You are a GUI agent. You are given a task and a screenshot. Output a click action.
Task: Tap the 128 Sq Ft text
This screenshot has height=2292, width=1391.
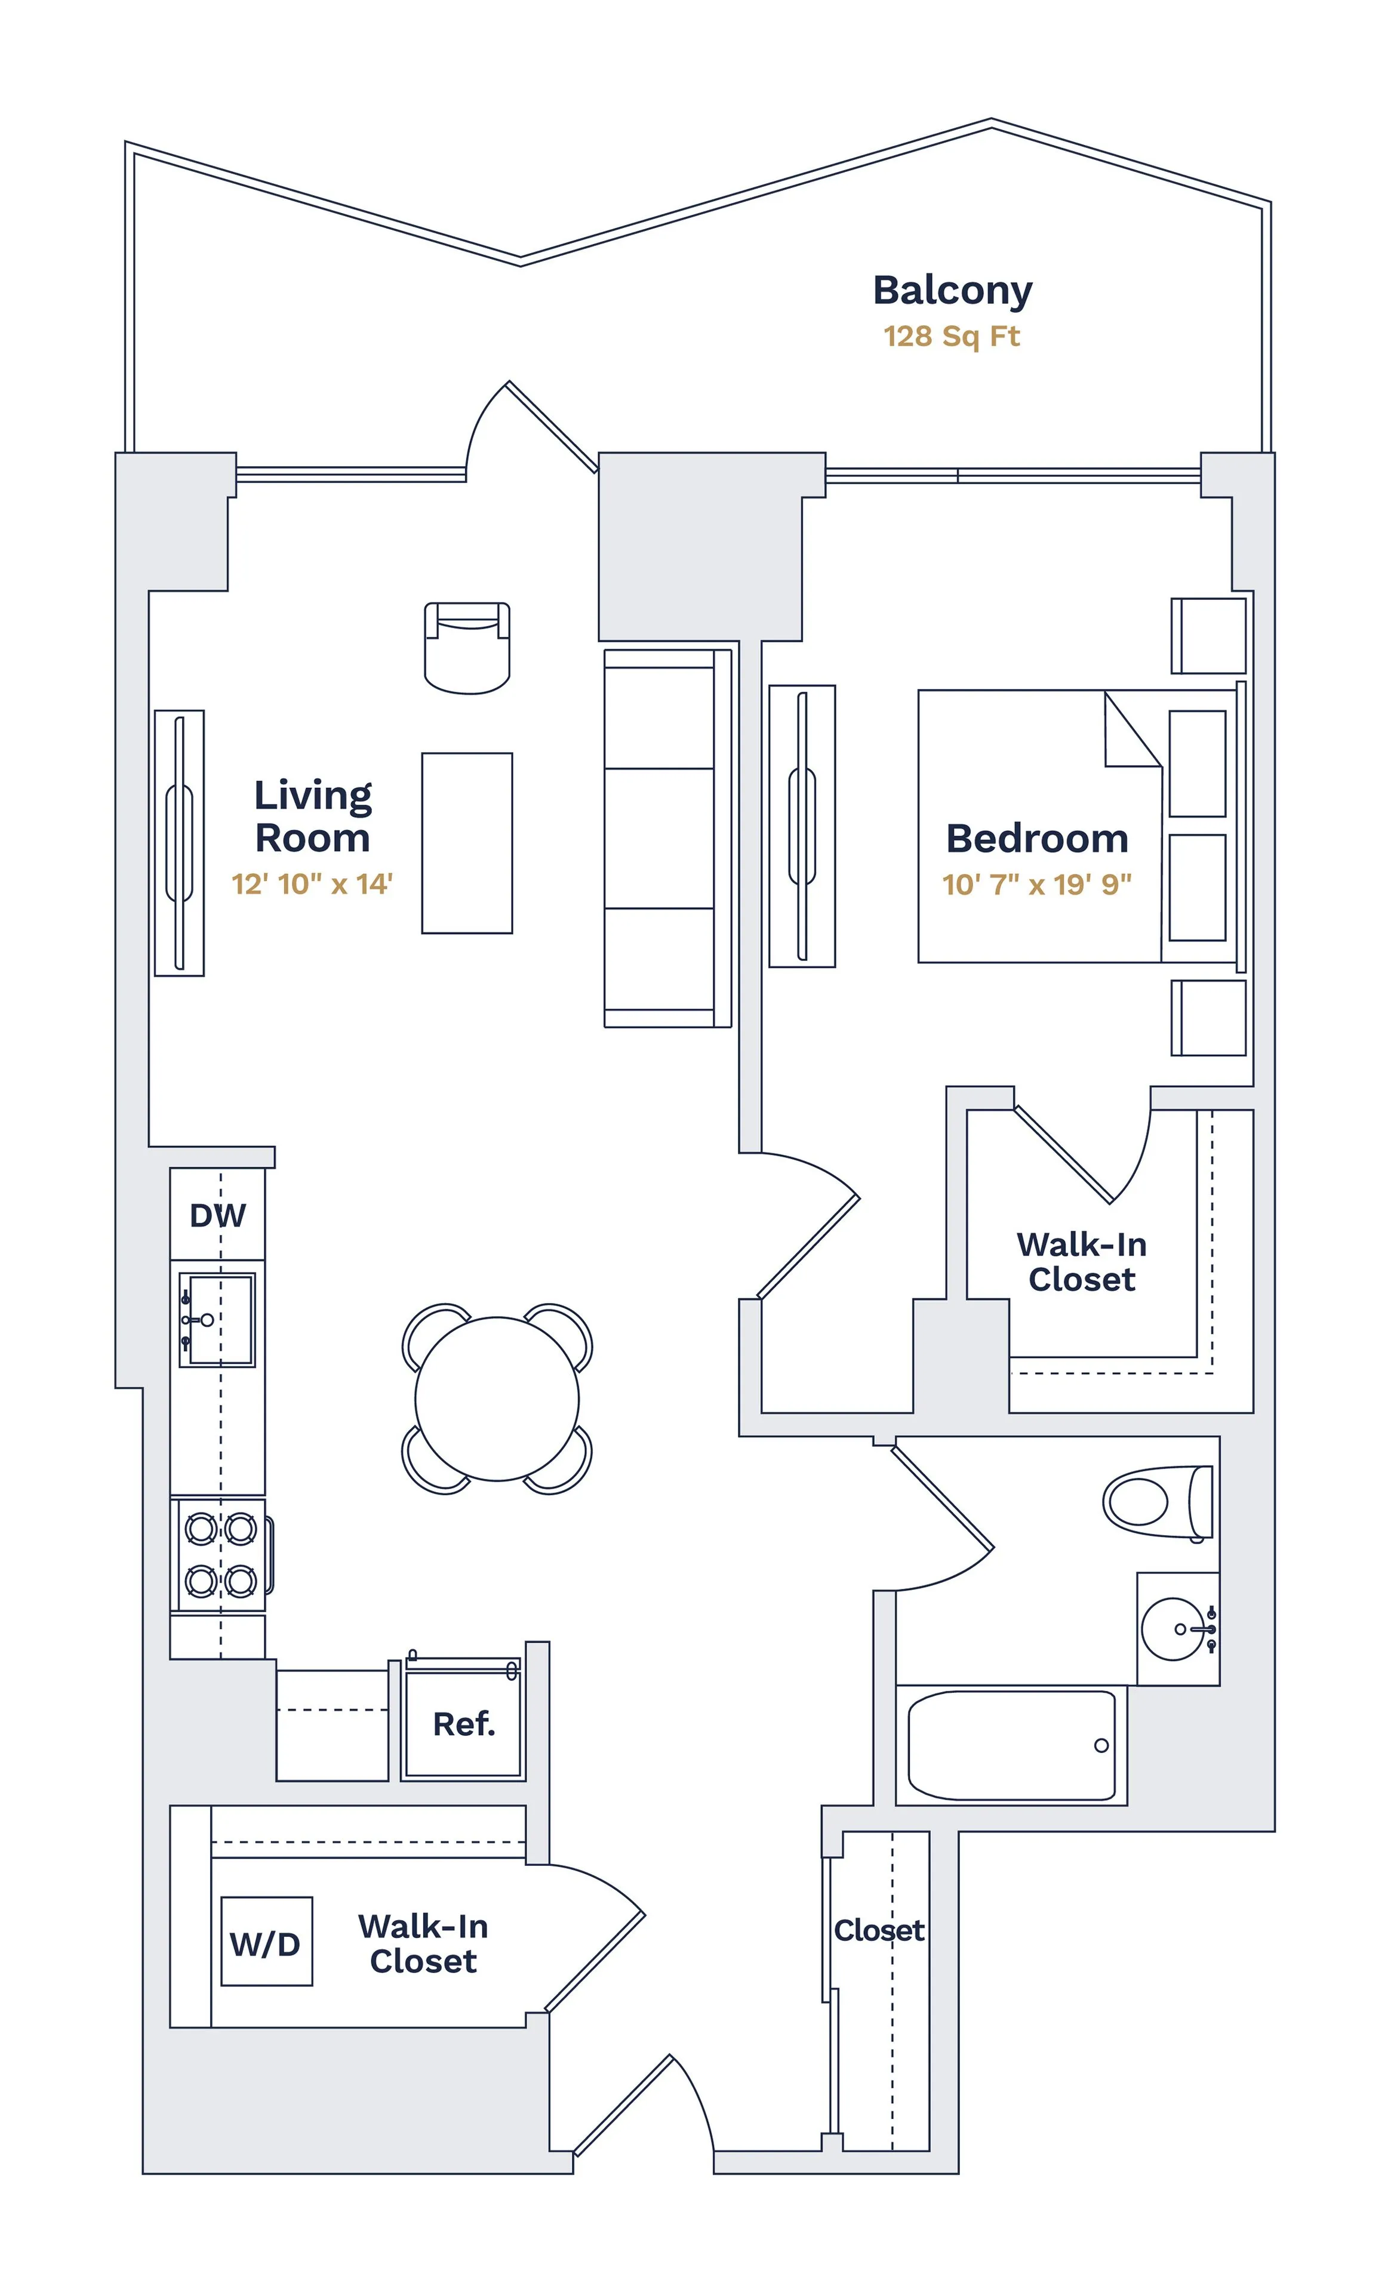(x=951, y=336)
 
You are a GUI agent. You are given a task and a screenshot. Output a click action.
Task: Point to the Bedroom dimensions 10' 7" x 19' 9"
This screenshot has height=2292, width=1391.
(x=1036, y=884)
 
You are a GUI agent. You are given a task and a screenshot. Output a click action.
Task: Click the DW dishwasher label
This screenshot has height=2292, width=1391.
(x=218, y=1215)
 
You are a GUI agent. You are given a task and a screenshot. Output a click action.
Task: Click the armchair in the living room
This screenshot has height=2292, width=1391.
(x=467, y=648)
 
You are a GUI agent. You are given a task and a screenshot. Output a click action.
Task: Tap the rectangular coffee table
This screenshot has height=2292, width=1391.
(x=467, y=843)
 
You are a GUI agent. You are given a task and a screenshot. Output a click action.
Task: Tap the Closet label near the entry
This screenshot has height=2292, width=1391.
(x=878, y=1930)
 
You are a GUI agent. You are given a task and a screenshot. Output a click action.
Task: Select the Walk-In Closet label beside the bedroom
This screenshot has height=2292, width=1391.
(x=1081, y=1261)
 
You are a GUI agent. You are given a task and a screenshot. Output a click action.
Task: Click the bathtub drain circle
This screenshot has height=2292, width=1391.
(x=1101, y=1745)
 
